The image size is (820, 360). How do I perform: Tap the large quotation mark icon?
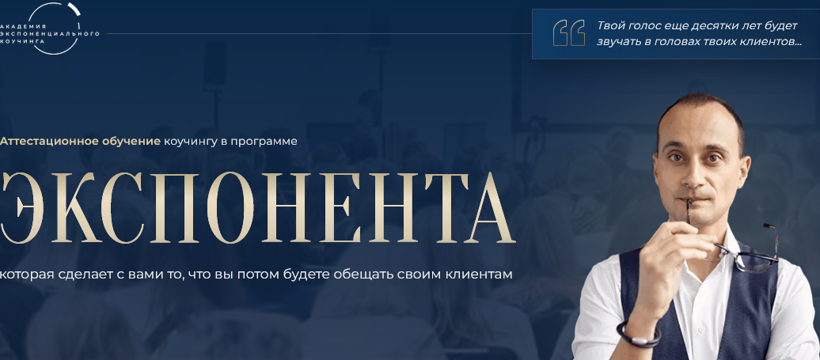(x=569, y=32)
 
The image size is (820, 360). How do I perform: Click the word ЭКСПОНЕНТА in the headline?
(x=257, y=208)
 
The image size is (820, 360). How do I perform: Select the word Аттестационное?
(x=49, y=142)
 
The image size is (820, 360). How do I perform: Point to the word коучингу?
(x=190, y=142)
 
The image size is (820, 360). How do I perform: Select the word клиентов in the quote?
(x=765, y=41)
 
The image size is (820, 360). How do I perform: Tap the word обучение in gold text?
(x=131, y=142)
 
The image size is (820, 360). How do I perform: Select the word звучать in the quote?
(x=620, y=41)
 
